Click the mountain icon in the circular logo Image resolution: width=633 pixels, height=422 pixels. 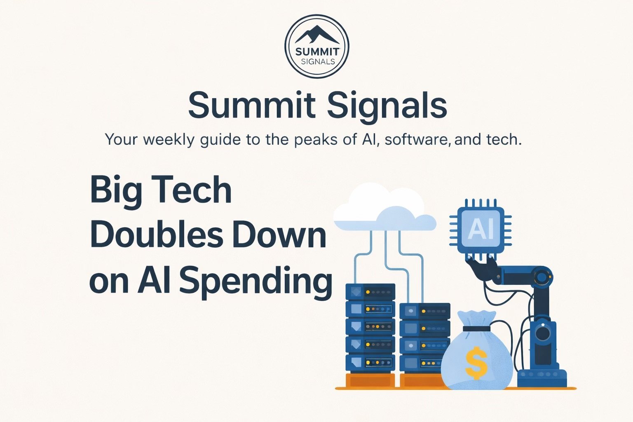317,35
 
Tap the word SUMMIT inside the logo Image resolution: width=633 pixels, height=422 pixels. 317,52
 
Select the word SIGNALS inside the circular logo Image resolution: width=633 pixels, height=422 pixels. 317,62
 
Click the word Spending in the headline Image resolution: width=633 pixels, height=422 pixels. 256,281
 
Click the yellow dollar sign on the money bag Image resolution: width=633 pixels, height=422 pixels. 476,363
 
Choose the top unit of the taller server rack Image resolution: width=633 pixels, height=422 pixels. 370,292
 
